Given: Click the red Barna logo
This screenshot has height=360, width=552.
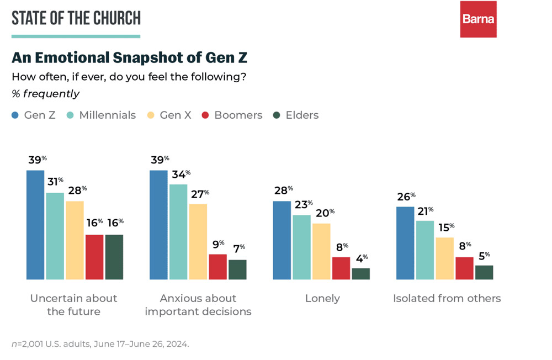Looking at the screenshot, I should [478, 19].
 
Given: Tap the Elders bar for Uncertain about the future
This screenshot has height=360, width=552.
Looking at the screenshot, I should [114, 257].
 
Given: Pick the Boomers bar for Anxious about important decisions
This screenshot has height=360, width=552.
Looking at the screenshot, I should [217, 267].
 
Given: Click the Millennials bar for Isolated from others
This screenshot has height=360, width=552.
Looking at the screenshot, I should [424, 250].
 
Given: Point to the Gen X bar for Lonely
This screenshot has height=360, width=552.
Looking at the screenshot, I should [321, 251].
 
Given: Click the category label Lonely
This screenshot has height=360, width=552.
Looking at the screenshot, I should [322, 299].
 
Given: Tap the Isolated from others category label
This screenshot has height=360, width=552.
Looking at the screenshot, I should [447, 299].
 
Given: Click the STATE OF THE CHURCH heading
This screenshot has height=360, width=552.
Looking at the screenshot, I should [76, 18].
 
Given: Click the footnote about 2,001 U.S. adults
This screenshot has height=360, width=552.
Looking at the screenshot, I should [100, 344].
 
